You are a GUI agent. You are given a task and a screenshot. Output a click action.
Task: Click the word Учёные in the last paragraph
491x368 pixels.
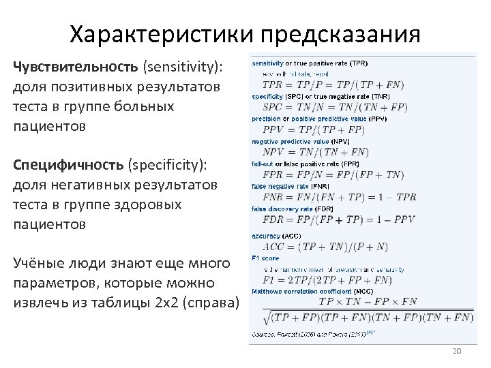coord(39,264)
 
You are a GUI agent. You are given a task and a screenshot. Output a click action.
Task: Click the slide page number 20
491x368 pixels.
coord(457,350)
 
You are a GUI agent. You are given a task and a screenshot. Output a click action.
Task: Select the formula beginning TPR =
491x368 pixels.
coord(333,85)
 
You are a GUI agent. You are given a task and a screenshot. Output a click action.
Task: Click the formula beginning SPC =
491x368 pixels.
coord(335,107)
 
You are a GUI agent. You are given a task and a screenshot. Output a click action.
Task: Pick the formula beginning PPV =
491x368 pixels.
coord(322,129)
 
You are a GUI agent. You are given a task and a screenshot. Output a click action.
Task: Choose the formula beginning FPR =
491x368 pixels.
coord(333,175)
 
